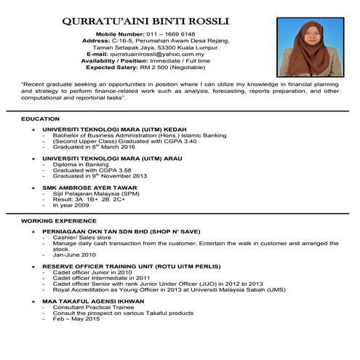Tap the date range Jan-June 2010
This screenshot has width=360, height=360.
(74, 255)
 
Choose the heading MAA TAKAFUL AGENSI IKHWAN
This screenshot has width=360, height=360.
(94, 300)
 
